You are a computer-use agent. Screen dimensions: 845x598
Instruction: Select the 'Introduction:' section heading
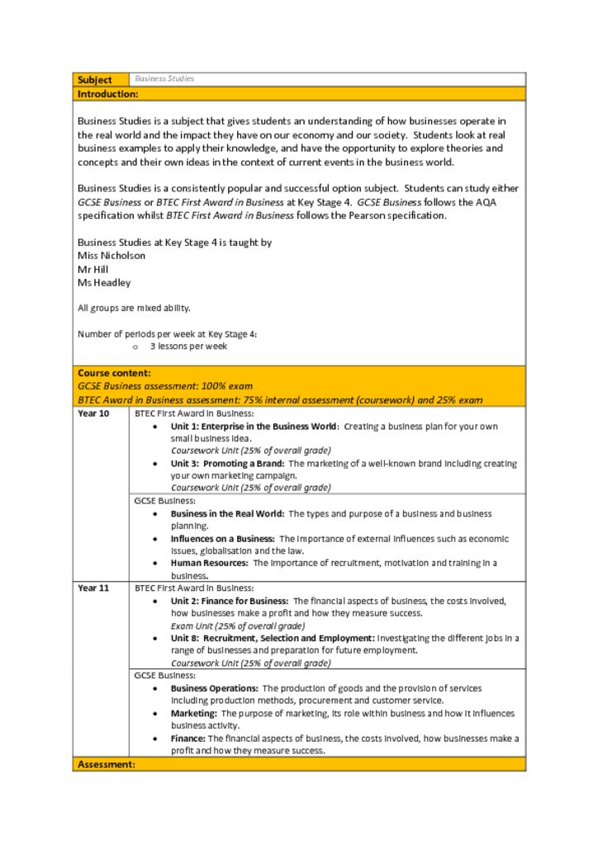[x=107, y=94]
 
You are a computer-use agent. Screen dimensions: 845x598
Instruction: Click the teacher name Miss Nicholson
[x=112, y=256]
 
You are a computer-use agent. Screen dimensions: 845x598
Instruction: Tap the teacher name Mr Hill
[x=93, y=269]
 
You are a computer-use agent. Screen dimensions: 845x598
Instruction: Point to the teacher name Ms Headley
[x=104, y=282]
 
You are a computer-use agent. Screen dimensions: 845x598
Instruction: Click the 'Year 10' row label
[x=93, y=413]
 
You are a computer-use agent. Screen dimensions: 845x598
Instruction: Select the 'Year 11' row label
[x=93, y=588]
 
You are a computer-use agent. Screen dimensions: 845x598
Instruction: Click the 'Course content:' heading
[x=114, y=373]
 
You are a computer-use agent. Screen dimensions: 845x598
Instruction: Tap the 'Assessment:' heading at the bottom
[x=106, y=765]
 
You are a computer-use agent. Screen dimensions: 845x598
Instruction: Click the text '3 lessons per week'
[x=188, y=347]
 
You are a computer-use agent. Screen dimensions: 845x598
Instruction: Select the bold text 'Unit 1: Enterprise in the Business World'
[x=254, y=427]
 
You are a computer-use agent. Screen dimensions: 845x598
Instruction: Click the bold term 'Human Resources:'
[x=210, y=564]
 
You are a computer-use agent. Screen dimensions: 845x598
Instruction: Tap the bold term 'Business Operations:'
[x=215, y=688]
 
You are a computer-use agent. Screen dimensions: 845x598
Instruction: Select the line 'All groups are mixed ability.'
[x=134, y=308]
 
